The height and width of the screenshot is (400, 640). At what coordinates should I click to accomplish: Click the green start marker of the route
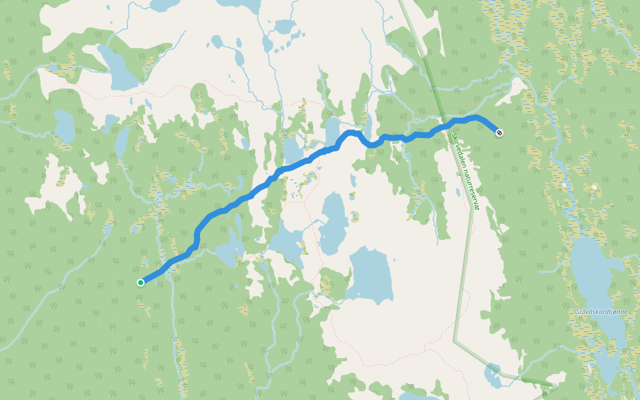point(141,283)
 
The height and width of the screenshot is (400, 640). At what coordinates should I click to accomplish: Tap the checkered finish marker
point(499,133)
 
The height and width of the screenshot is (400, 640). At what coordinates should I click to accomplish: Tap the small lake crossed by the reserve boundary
point(494,375)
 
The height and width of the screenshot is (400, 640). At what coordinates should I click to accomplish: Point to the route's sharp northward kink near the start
point(197,237)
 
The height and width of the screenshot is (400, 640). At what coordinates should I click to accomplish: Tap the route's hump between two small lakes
point(352,133)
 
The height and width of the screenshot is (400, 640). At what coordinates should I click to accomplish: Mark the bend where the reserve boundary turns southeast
point(455,341)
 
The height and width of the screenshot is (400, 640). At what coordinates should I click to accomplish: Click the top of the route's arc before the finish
point(472,117)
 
